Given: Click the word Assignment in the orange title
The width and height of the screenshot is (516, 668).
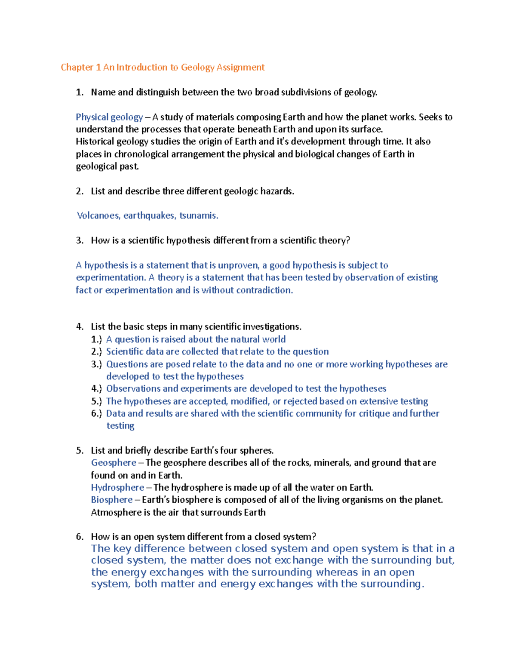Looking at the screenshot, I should tap(240, 68).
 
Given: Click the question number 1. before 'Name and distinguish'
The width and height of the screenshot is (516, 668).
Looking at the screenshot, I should tap(79, 92).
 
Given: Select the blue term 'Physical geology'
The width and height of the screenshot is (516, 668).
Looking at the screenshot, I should tap(109, 117).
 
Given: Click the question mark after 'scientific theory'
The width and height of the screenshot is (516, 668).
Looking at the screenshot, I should tap(348, 240).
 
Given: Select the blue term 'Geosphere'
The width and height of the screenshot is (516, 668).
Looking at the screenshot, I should tap(114, 463).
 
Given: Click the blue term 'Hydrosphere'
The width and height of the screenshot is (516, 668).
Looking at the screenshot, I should tap(117, 488).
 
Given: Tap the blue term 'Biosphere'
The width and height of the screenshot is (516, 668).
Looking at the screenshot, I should tap(112, 500).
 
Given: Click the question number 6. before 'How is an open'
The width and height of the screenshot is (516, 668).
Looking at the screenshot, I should tap(79, 537).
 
